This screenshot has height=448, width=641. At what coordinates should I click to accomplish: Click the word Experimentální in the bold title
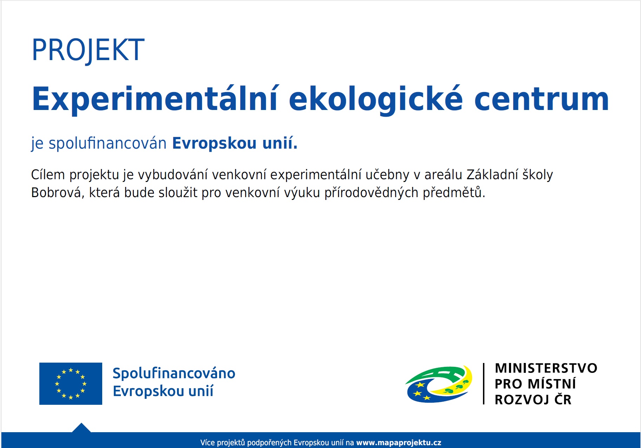[155, 100]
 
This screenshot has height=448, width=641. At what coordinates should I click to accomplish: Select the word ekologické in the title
[376, 100]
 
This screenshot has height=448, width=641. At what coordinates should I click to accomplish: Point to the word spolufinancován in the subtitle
[107, 144]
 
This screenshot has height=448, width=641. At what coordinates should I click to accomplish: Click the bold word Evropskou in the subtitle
[214, 144]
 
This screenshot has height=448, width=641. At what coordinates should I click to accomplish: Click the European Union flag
[71, 384]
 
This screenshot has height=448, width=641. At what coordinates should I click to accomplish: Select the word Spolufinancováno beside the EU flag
[174, 374]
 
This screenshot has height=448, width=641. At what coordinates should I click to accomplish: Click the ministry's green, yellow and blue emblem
[439, 384]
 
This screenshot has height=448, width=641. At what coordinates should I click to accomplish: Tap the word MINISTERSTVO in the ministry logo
[546, 368]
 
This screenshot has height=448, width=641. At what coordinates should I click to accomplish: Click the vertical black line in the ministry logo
[484, 384]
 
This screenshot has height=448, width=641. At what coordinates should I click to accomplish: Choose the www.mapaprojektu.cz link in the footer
[399, 443]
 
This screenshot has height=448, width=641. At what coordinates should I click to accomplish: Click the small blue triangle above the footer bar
[81, 428]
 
